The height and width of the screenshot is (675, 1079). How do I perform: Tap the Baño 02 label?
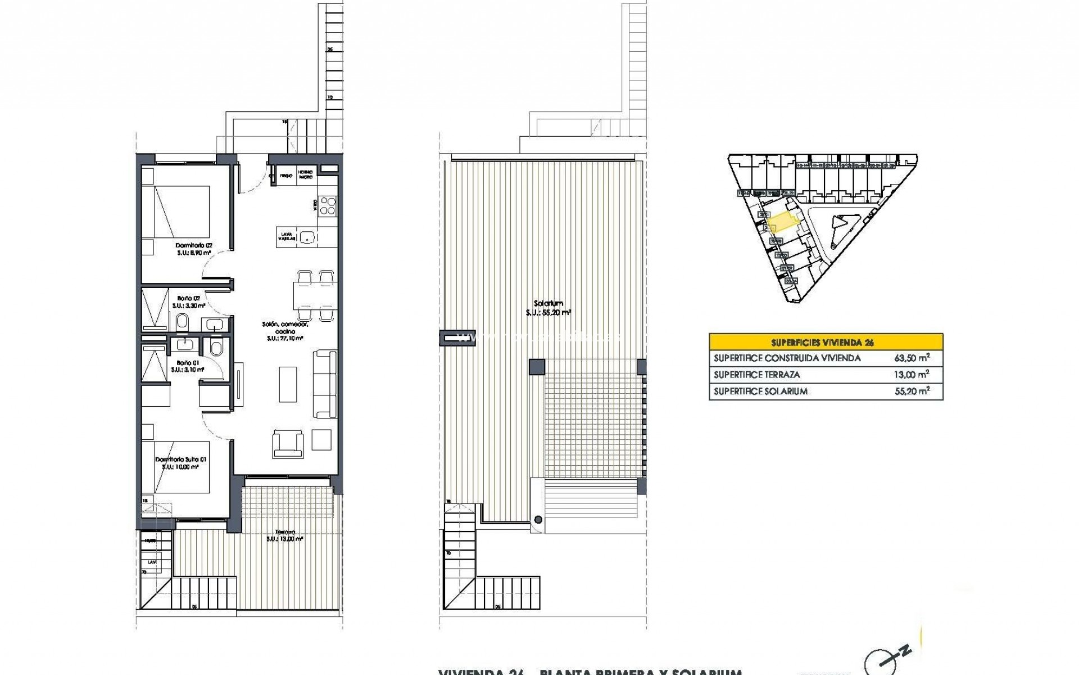[188, 298]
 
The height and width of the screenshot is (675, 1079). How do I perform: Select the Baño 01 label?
[188, 363]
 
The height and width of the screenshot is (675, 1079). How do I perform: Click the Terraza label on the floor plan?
[285, 532]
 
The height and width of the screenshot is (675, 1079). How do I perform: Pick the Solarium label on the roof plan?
[548, 304]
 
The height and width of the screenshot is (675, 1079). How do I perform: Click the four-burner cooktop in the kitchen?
[328, 205]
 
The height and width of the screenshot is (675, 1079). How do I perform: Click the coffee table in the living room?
[288, 384]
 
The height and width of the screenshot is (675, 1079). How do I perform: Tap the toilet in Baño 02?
[182, 323]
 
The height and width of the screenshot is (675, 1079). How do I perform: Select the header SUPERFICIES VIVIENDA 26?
[826, 342]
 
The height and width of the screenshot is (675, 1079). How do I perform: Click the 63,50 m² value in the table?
[912, 358]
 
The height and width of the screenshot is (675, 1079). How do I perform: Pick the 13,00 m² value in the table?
[912, 375]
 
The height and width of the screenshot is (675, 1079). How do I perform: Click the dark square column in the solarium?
[537, 367]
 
